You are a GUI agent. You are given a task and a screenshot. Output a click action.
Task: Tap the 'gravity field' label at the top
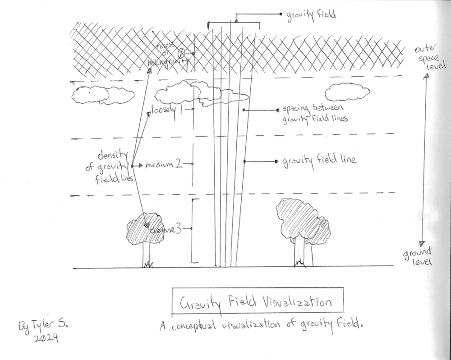coord(311,15)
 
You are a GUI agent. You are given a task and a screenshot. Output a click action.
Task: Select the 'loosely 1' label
coord(166,110)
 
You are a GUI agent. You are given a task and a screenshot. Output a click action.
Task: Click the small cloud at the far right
coord(347,92)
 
